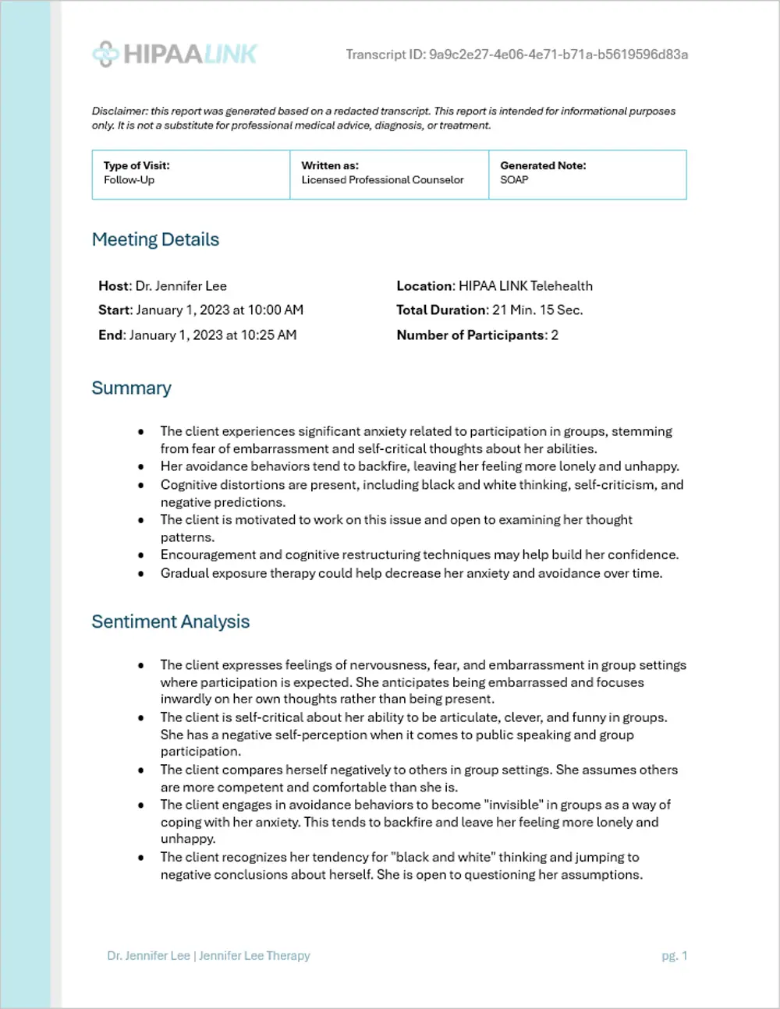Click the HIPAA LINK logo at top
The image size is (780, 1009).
[x=175, y=54]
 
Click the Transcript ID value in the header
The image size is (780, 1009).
[x=558, y=55]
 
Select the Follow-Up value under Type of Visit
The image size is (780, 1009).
[x=129, y=180]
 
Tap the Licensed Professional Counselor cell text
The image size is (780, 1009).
[x=382, y=180]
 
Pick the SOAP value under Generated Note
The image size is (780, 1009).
[x=514, y=180]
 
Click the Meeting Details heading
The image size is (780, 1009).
[x=155, y=239]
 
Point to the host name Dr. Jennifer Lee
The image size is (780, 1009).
[x=181, y=286]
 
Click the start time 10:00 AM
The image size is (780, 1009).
[x=275, y=310]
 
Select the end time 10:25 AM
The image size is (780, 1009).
[x=268, y=335]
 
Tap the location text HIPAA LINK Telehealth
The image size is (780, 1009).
[x=526, y=286]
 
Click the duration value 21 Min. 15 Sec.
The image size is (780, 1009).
[x=537, y=310]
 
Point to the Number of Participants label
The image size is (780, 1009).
[x=470, y=335]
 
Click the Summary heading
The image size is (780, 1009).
[x=131, y=388]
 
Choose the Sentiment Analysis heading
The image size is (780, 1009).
[x=171, y=621]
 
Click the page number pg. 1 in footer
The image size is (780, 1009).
[x=674, y=956]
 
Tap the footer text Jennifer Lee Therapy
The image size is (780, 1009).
[x=254, y=956]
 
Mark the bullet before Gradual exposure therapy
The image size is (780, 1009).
[x=140, y=574]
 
